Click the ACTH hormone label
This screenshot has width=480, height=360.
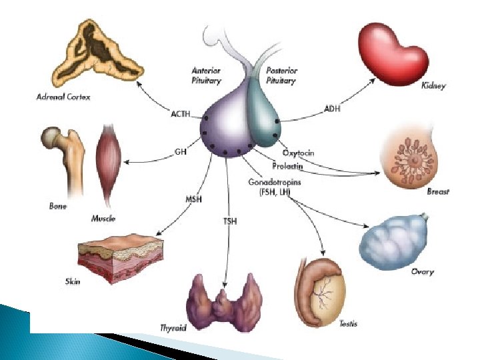(181, 115)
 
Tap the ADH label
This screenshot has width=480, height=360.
(331, 109)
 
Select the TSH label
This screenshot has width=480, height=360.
(229, 221)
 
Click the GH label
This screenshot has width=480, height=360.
(180, 151)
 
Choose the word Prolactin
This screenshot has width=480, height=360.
(287, 165)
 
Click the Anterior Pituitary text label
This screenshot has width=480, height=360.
(206, 74)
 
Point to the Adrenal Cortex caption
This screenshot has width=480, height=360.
(63, 97)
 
